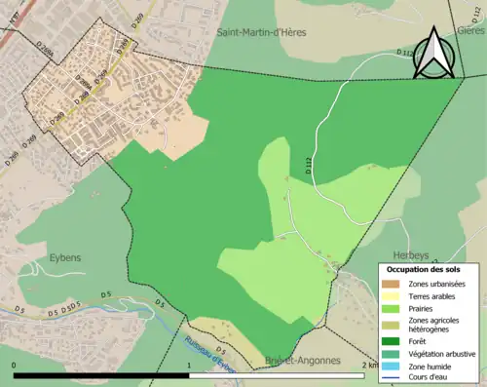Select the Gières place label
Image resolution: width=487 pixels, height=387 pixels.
pos(468,29)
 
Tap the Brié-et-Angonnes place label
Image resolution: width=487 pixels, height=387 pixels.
pos(302,361)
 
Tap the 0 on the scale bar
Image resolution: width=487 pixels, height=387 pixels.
pos(15,365)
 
